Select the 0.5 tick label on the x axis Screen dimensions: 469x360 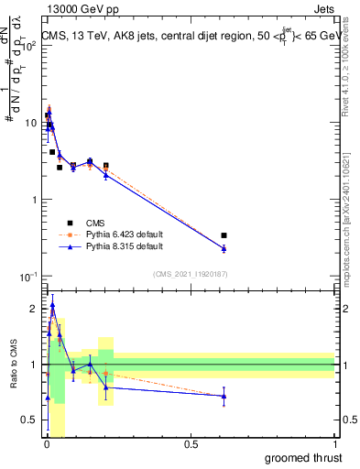point(191,444)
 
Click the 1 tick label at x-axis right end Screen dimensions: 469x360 point(336,444)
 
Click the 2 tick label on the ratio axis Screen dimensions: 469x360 point(34,309)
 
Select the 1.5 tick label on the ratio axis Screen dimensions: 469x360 point(29,337)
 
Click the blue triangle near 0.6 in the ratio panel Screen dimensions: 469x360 point(224,396)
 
